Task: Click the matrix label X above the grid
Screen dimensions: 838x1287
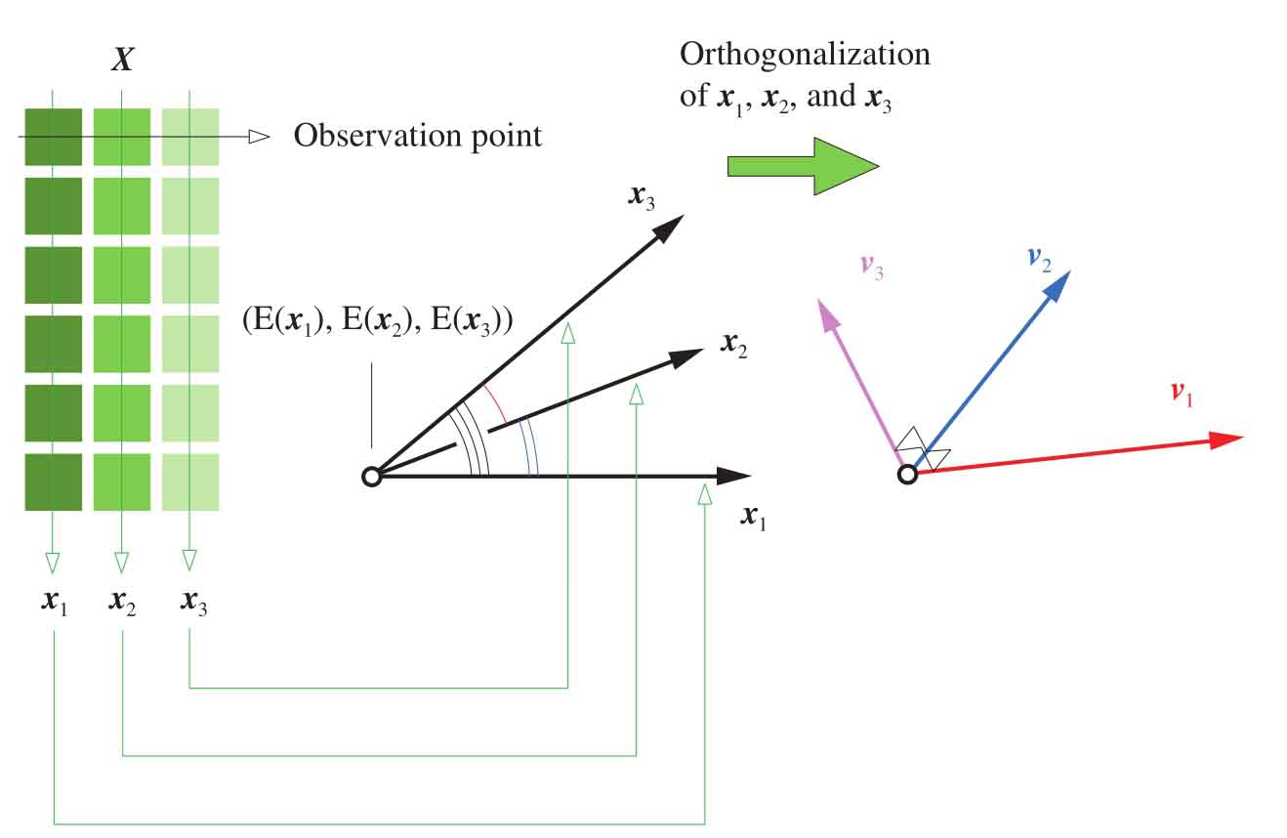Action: click(x=122, y=62)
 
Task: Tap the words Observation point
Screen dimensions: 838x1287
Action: click(x=418, y=136)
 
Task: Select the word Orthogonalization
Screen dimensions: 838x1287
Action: click(x=805, y=54)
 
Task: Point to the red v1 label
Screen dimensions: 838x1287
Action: click(x=1181, y=394)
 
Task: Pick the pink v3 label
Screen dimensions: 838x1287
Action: click(x=872, y=267)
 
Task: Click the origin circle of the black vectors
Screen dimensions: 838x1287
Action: click(x=371, y=477)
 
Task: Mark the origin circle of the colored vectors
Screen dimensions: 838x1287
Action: click(x=907, y=475)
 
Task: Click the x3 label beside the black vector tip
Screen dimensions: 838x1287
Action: click(x=642, y=195)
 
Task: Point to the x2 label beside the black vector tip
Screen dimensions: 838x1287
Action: click(x=733, y=344)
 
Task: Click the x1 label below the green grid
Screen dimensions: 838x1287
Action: click(x=54, y=603)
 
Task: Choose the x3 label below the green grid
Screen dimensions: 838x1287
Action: click(x=193, y=603)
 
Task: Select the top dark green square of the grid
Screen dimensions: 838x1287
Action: click(x=53, y=136)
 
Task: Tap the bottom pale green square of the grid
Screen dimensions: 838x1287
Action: click(x=189, y=482)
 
